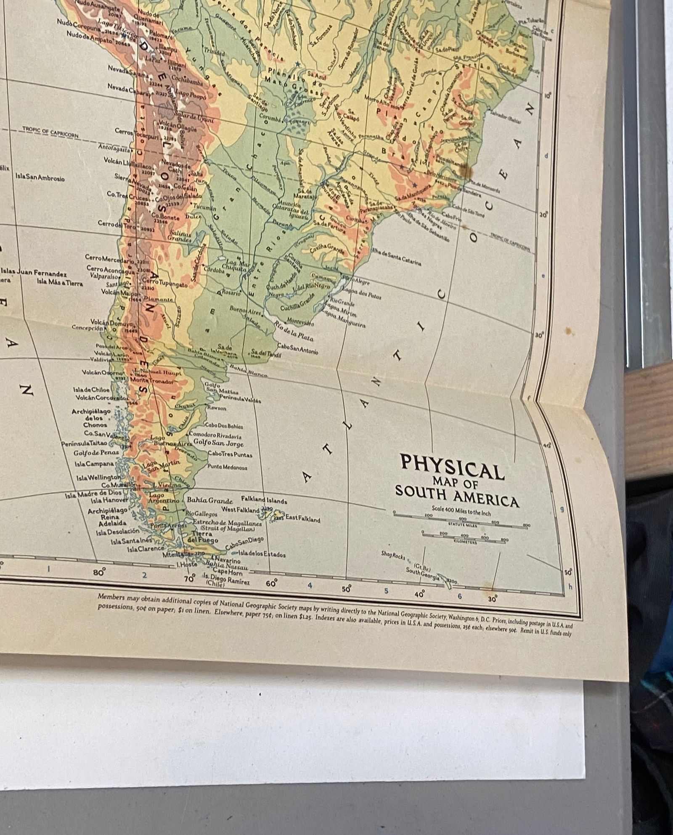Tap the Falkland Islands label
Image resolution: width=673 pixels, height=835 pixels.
click(x=264, y=500)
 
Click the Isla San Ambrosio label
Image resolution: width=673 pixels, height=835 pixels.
click(x=40, y=178)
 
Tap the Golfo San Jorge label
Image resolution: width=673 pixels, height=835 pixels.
click(x=218, y=443)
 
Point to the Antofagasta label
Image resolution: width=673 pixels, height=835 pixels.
click(x=114, y=148)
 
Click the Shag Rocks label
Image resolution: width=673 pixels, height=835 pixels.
click(x=393, y=556)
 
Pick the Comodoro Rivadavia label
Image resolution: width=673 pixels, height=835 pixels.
click(x=215, y=436)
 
